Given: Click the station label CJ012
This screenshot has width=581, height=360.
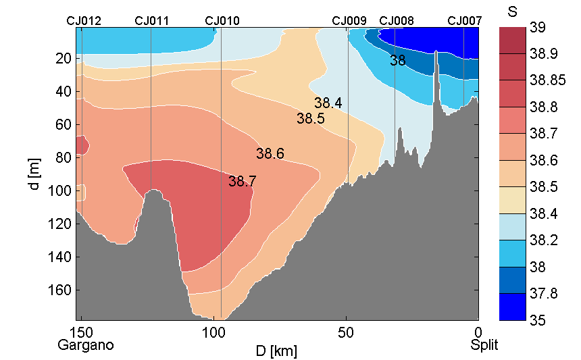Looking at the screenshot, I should click(x=84, y=21).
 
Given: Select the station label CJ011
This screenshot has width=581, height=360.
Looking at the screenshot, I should click(x=152, y=21).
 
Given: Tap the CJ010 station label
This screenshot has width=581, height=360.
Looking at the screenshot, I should click(x=222, y=21).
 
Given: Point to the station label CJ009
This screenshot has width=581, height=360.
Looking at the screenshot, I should click(x=349, y=21).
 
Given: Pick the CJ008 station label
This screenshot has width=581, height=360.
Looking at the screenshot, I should click(x=397, y=21).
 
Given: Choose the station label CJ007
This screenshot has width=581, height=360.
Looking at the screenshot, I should click(x=465, y=21).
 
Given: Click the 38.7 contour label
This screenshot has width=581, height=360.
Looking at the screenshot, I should click(x=242, y=182).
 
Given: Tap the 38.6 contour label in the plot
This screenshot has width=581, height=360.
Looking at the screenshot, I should click(x=270, y=154).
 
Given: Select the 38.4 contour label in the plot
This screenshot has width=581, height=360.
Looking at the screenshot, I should click(x=328, y=103).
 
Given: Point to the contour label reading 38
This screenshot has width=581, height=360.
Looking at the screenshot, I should click(x=398, y=61).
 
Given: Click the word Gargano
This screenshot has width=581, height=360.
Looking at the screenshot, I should click(x=86, y=345).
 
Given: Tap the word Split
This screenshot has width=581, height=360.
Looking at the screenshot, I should click(x=484, y=345).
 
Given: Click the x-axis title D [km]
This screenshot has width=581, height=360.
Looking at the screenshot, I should click(x=276, y=351).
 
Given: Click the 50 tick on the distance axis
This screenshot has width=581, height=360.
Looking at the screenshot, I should click(x=346, y=332).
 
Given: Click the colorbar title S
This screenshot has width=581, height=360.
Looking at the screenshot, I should click(x=512, y=11).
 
